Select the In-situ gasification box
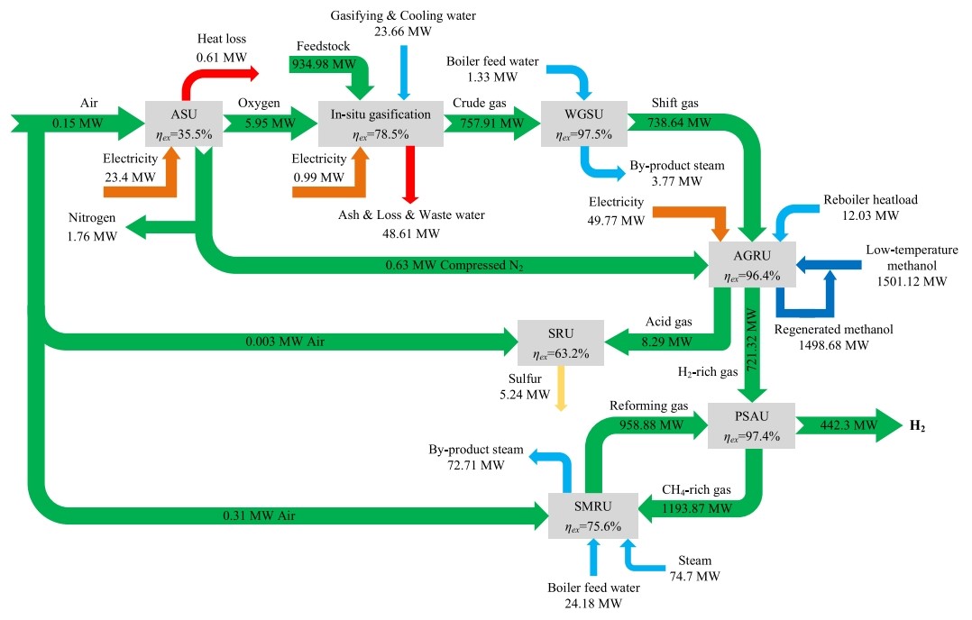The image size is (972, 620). click(381, 124)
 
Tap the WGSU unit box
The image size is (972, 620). click(582, 124)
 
